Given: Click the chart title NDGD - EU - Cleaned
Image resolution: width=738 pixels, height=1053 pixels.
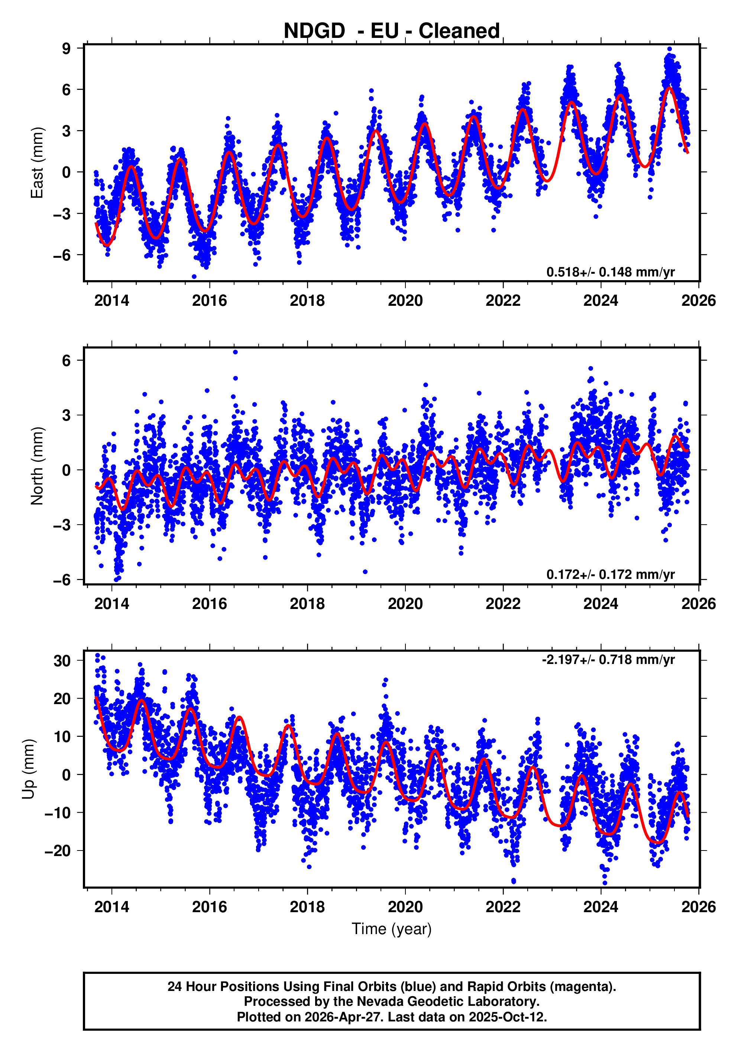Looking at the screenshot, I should pos(391,31).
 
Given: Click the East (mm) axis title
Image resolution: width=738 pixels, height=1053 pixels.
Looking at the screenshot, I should pos(37,163).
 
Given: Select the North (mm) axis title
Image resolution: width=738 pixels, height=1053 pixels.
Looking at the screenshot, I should pos(37,466).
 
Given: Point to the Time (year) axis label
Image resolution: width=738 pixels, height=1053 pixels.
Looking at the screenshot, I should pos(391,929).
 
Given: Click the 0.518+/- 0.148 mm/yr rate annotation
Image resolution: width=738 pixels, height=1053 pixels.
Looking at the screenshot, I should pos(610,272).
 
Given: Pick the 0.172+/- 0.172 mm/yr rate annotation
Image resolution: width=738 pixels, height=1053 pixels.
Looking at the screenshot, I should pos(610,574).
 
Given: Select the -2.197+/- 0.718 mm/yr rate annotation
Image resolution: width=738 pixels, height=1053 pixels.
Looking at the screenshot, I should pos(608,660).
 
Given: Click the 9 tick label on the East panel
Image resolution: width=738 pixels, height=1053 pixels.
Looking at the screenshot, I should pos(67,48).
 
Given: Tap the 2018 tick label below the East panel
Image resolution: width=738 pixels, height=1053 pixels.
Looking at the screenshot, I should pos(307,301).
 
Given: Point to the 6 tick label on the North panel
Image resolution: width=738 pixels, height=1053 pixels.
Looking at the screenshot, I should pos(67,360).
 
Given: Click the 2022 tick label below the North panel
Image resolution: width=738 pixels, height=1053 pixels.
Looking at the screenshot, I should pos(503,603).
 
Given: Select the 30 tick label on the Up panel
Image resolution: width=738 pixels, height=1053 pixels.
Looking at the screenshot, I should pos(62,661).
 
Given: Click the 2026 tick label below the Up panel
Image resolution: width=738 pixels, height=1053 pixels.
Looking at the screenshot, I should pos(698,907).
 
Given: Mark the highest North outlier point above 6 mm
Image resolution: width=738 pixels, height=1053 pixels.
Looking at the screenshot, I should pos(235,352).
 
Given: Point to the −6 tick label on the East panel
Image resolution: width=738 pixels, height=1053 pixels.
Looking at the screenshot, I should pos(62,255).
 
